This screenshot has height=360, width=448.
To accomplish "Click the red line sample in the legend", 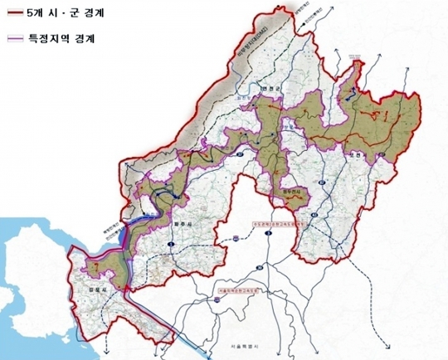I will tap(14, 14).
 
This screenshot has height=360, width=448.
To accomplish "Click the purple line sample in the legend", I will tap(14, 39).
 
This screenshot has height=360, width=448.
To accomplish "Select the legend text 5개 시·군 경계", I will tap(59, 14).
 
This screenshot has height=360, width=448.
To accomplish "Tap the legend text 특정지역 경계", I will tap(57, 39).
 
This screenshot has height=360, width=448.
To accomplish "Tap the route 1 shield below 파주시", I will tap(169, 245).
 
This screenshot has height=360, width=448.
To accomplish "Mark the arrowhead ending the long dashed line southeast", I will tap(385, 343).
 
